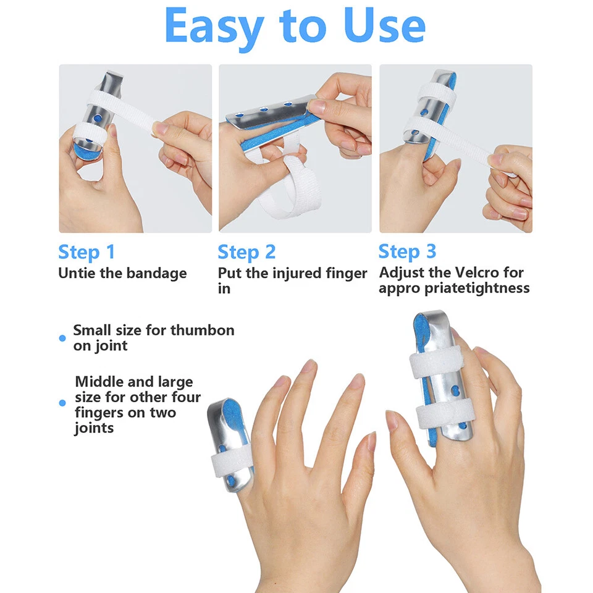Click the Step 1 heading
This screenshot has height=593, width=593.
tap(86, 252)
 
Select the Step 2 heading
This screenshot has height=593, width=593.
tap(246, 252)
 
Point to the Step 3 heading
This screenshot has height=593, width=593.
tap(407, 251)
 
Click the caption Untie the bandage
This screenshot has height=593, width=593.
tap(122, 273)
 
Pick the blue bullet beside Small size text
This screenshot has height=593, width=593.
tap(62, 338)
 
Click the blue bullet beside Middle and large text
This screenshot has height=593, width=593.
tap(62, 403)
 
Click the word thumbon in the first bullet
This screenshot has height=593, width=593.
tap(203, 330)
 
